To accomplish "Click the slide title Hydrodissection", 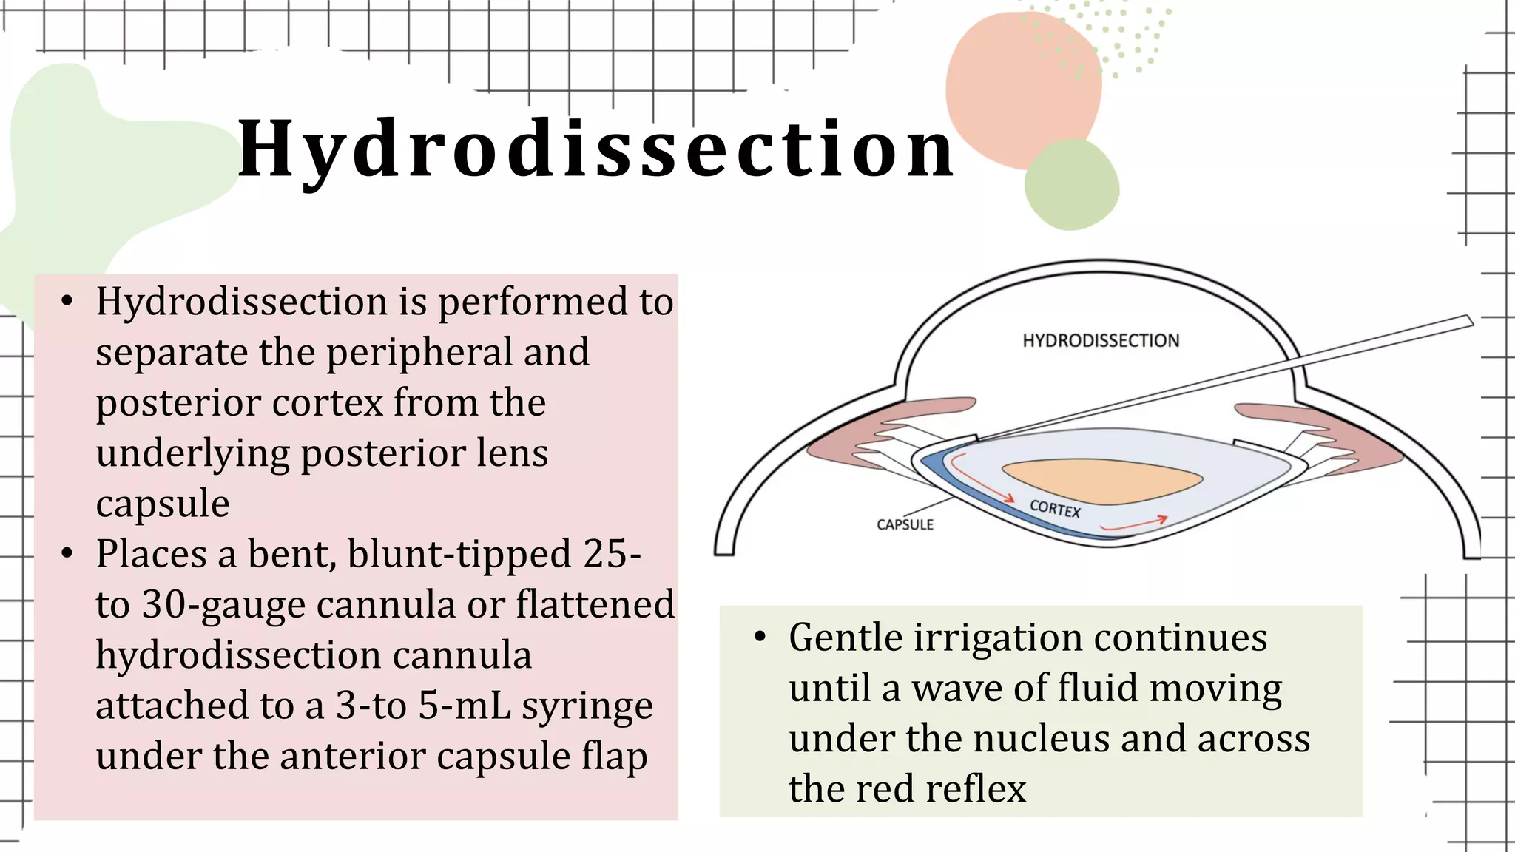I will [x=596, y=150].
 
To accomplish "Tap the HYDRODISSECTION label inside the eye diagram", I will [x=1100, y=341].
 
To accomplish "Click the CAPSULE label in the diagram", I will [x=905, y=524].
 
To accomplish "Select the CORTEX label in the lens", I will [x=1055, y=509].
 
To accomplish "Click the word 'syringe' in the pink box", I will [x=587, y=706].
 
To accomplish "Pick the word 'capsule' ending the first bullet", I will [x=163, y=504].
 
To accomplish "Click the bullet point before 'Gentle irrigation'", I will [x=760, y=638].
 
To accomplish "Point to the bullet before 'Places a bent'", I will [x=67, y=554].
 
